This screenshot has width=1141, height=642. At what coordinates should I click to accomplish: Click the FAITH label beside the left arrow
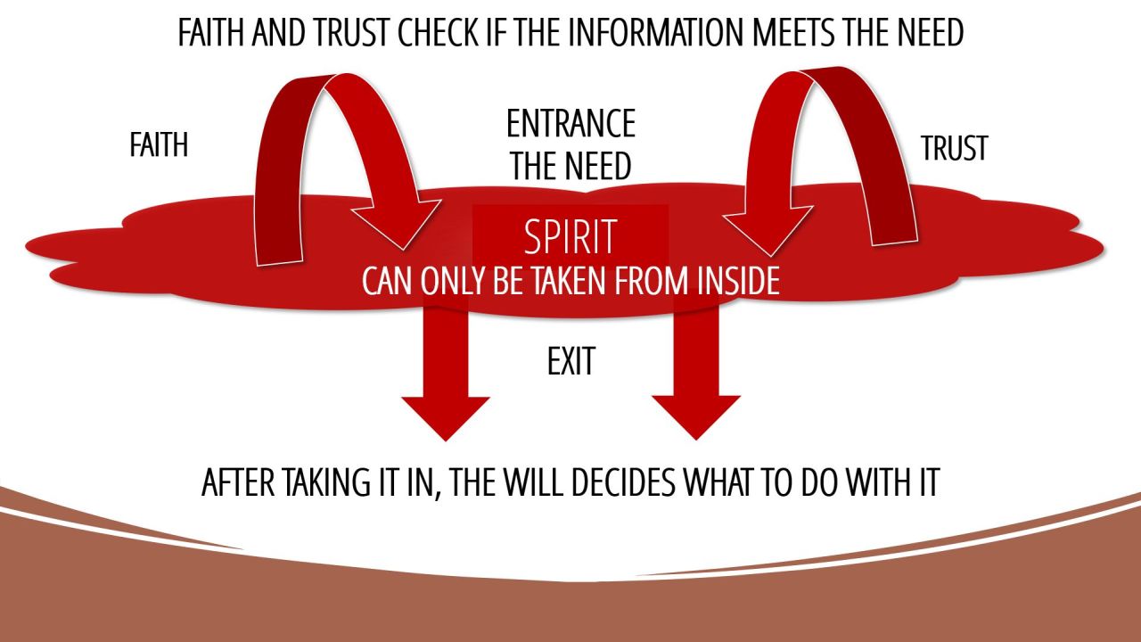[x=159, y=145]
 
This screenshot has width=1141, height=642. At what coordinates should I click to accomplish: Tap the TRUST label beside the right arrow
[x=955, y=149]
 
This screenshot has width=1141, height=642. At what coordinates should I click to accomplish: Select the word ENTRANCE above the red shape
[x=570, y=124]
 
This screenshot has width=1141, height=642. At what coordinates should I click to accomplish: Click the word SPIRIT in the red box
[x=570, y=238]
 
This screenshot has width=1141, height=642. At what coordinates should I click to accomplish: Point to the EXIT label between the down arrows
[x=570, y=362]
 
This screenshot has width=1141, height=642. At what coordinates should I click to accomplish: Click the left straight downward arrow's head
[x=446, y=416]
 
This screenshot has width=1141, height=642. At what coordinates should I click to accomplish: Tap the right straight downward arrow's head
[x=695, y=416]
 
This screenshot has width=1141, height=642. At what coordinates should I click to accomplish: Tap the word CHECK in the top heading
[x=428, y=33]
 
